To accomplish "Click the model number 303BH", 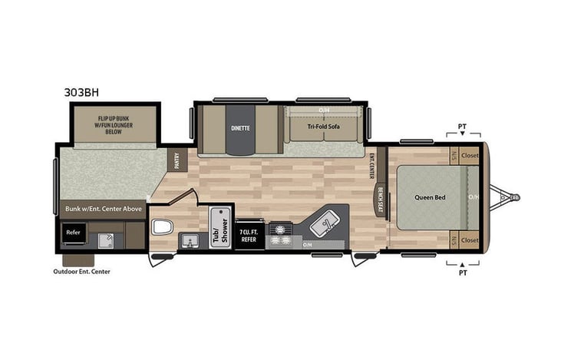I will tap(82, 91).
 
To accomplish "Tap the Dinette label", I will tap(240, 127).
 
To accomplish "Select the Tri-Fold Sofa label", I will tap(323, 126).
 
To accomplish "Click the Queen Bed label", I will tap(431, 197).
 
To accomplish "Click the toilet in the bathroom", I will tap(162, 226).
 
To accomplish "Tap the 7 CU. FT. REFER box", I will tap(249, 236).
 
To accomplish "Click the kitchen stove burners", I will tap(282, 234).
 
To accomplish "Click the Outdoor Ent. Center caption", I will tap(81, 271).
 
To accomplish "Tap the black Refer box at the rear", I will tap(74, 233).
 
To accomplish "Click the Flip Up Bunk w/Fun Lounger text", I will tap(114, 125).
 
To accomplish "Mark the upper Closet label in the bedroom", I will tap(470, 155).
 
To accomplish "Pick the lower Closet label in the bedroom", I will tap(470, 240).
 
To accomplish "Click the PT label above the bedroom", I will tap(462, 126).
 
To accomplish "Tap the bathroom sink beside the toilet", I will tap(189, 240).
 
